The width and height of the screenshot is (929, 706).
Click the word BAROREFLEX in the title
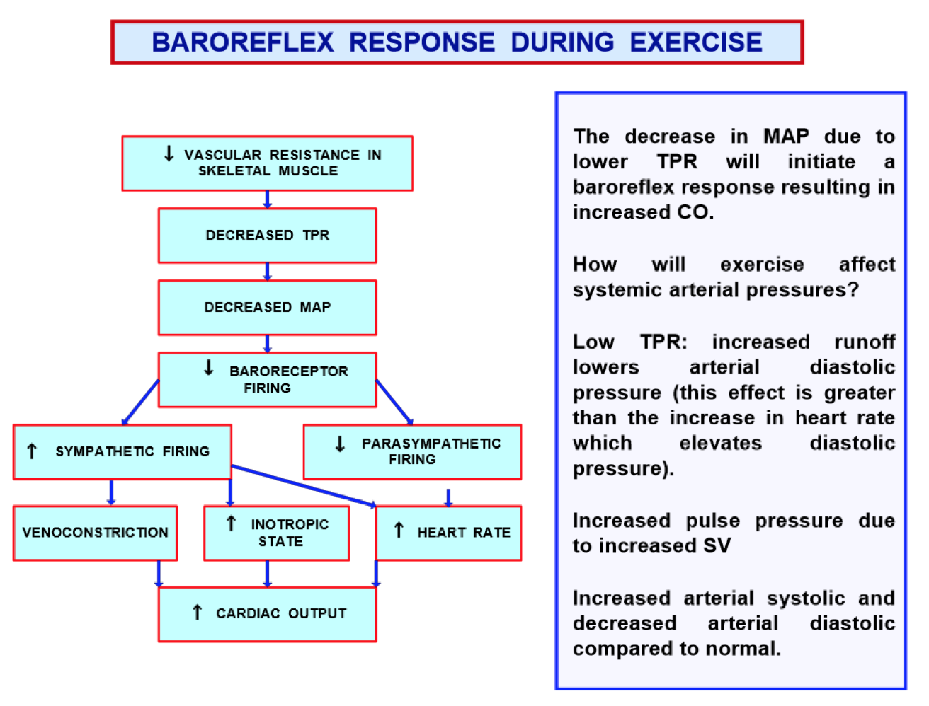[242, 42]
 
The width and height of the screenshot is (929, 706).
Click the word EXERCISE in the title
[696, 42]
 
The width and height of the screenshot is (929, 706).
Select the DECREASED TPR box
[267, 235]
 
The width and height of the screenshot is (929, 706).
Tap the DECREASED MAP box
[267, 307]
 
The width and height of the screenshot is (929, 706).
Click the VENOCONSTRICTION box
[95, 533]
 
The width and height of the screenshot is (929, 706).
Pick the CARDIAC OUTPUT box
[267, 613]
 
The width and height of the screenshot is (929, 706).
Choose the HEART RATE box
[449, 533]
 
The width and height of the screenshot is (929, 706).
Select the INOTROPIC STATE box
[276, 533]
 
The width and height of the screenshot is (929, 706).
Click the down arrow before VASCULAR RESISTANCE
[169, 154]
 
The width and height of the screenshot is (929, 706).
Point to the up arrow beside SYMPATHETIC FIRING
[32, 451]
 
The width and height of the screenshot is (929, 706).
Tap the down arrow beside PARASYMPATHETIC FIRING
[340, 444]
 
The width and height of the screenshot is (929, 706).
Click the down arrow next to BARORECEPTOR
[208, 368]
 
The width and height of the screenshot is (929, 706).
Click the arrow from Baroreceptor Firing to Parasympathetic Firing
[394, 402]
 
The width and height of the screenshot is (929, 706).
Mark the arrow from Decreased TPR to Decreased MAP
[267, 272]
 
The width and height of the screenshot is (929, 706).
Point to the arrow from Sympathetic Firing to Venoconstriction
[111, 492]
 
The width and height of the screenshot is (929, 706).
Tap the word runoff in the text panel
[865, 342]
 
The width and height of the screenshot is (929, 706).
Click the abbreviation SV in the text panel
[717, 545]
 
